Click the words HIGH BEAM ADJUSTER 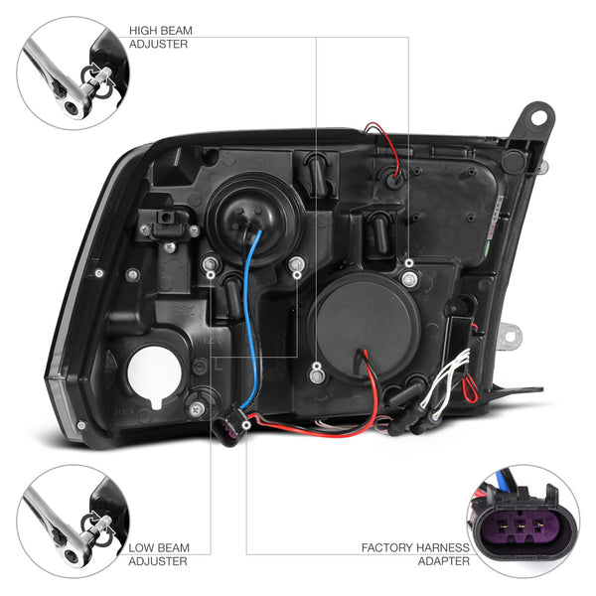pos(160,38)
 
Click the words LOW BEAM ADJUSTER pos(159,554)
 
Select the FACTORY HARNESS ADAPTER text pos(415,554)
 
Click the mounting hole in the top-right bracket pos(537,115)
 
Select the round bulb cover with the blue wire pos(254,217)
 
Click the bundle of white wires pos(450,383)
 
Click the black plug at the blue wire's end pos(230,426)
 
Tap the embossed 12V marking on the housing pos(211,339)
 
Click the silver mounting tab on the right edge pos(510,336)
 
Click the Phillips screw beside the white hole pos(197,409)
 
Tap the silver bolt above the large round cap pos(409,278)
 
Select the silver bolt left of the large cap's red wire pos(317,375)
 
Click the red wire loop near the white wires pos(471,387)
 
